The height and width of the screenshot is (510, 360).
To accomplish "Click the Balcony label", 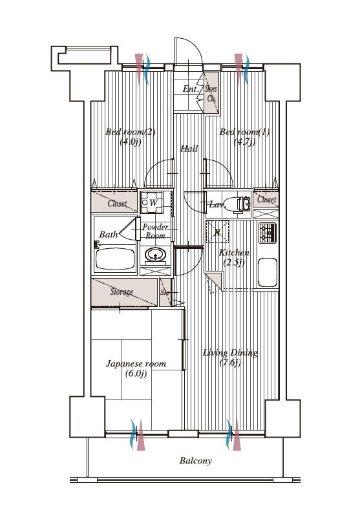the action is pos(195,461).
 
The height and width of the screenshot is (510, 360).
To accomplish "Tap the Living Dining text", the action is pos(230,352).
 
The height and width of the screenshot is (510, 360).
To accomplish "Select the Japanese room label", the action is pos(136,364).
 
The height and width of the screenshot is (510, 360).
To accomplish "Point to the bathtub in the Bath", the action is pos(116,259).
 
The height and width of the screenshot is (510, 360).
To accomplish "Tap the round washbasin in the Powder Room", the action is pos(155,254).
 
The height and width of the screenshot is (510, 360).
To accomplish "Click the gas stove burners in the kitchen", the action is pos(268,233).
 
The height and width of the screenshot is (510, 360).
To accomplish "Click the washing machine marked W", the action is pos(151,202).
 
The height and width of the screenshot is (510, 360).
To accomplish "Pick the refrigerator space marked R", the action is pos(217,231).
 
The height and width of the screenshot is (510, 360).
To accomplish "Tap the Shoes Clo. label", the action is pos(211,94).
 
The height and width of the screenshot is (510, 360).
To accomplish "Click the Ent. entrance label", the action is pos(190,89).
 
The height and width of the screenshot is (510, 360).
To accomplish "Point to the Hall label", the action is pos(189,149).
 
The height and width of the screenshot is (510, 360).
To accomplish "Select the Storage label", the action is pos(122,292).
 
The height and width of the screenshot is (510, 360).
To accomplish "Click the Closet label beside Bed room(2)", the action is pos(118,204).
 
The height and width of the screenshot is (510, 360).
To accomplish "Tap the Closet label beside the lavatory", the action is pos(267,199).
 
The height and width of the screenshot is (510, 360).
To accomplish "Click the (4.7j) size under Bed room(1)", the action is pos(244,142).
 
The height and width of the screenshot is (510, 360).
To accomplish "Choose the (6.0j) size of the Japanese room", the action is pos(136,374).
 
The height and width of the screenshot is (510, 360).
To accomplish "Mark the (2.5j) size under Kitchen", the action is pos(233,262).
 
